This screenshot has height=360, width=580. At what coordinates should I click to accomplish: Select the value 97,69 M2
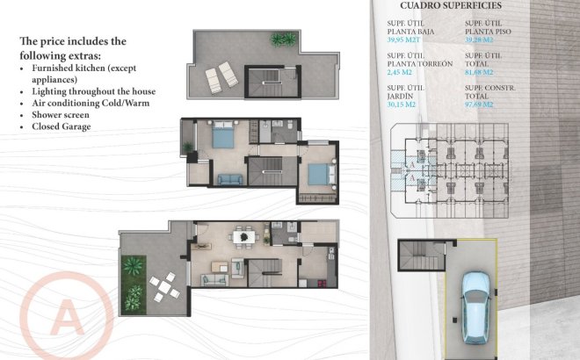click(x=481, y=104)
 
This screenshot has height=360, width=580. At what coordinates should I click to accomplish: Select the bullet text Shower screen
click(x=62, y=114)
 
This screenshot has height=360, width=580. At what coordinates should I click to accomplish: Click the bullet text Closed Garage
click(x=62, y=126)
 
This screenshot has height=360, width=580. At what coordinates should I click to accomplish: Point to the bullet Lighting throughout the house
click(x=94, y=91)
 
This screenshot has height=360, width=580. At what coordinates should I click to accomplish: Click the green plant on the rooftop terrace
click(x=284, y=40)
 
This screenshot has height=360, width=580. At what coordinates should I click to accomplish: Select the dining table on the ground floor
click(x=243, y=236)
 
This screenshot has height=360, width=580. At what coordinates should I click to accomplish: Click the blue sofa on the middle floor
click(x=228, y=179)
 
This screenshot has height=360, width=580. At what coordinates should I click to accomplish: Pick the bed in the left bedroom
click(x=221, y=139)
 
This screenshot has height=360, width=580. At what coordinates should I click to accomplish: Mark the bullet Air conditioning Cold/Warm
click(x=91, y=103)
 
